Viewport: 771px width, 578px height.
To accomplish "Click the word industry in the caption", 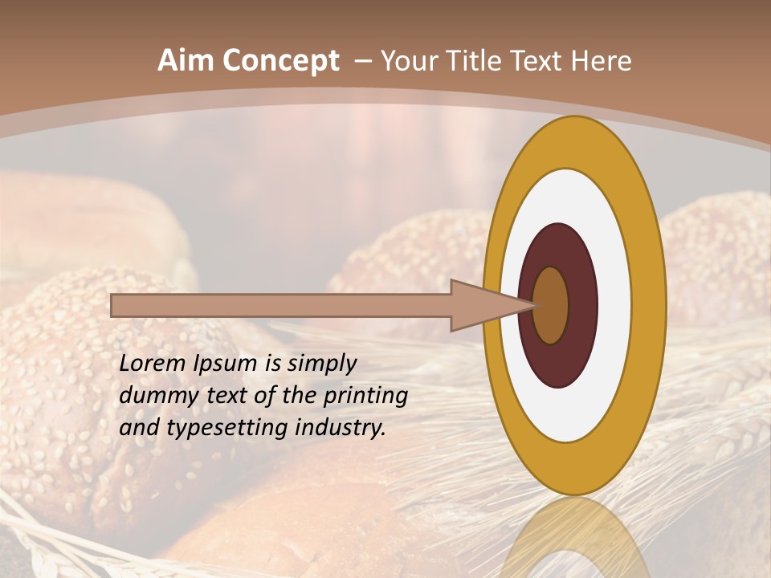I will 341,428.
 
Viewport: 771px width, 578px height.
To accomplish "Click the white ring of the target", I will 614,305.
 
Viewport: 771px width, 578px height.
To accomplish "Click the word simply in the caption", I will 321,364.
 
